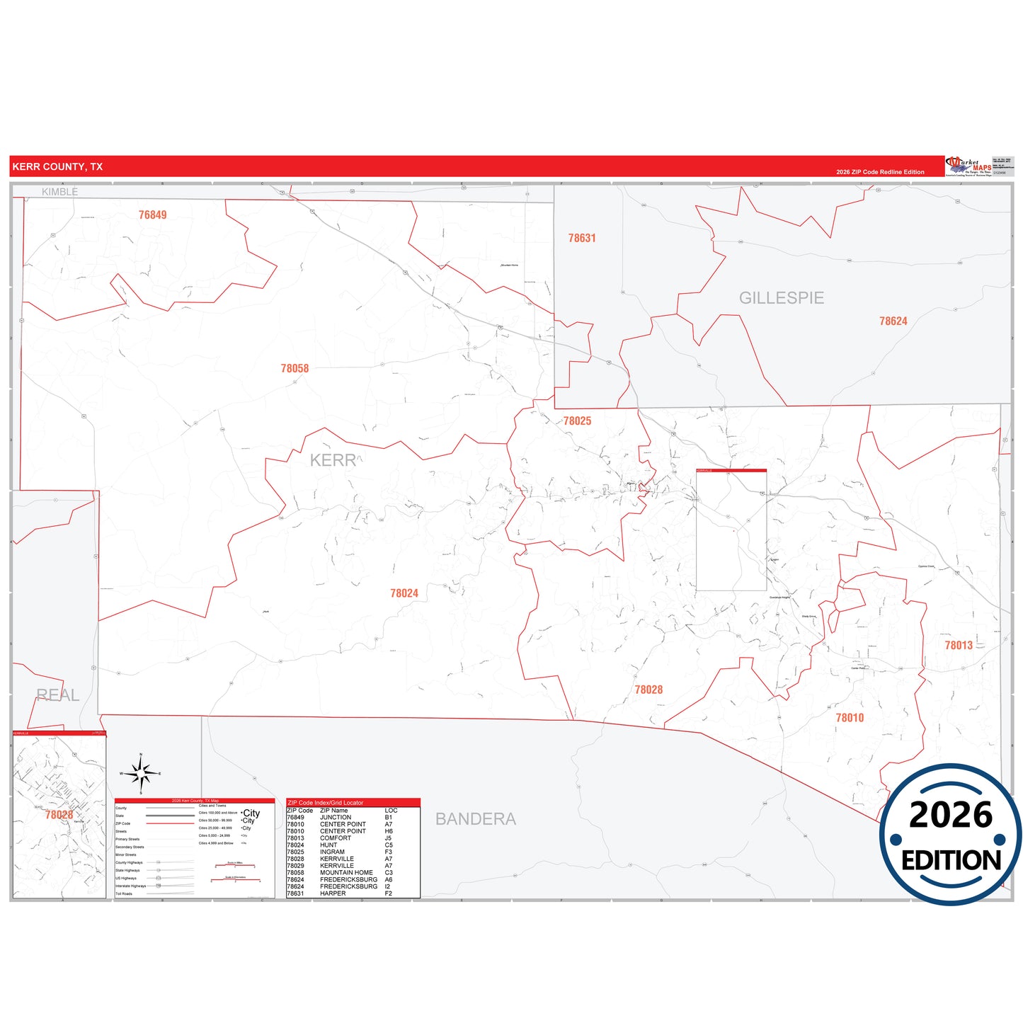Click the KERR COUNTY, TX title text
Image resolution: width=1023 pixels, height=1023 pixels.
(57, 167)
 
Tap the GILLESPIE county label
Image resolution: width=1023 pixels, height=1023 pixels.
(781, 298)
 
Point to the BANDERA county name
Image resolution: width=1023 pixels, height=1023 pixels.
(475, 819)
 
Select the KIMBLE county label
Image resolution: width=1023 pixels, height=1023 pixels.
(59, 192)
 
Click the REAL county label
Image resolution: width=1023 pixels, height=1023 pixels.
(57, 695)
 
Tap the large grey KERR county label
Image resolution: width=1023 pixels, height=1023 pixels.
(333, 460)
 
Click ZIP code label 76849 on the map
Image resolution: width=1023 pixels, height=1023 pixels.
(152, 215)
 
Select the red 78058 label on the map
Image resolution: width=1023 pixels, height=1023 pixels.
(295, 368)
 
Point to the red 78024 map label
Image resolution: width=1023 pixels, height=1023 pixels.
(404, 593)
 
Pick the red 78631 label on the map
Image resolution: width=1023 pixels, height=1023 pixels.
(582, 239)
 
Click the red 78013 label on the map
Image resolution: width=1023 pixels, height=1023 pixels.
(959, 645)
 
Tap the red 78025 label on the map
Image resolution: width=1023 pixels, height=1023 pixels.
(577, 421)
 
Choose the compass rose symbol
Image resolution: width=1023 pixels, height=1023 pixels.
(141, 774)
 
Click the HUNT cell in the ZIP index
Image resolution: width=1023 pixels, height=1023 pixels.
(328, 845)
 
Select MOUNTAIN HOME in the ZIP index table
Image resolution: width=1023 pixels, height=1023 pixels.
(346, 872)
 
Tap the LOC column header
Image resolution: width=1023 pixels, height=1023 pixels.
(391, 811)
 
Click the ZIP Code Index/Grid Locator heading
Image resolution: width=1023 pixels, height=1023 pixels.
(325, 803)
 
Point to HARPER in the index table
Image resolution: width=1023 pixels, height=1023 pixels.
(333, 893)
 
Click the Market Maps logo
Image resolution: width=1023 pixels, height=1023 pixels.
(968, 167)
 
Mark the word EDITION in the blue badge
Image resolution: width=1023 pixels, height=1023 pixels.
(951, 860)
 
